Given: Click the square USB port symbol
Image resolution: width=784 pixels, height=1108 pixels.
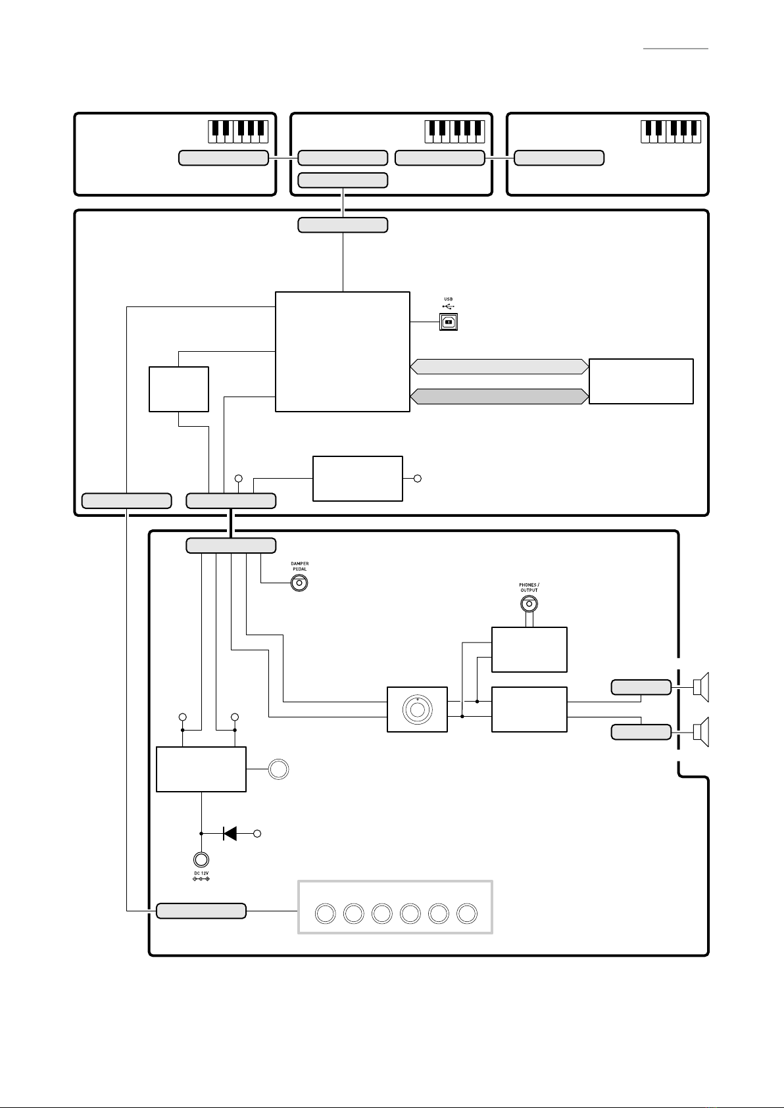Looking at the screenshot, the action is point(448,322).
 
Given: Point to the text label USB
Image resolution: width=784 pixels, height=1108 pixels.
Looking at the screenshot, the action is point(448,299).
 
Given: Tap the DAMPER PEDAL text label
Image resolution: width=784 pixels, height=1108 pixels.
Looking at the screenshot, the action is point(300,566).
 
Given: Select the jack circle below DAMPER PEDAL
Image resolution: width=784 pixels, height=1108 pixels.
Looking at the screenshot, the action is point(299,583).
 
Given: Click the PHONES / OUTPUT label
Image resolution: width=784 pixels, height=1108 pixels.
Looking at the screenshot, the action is point(529,588).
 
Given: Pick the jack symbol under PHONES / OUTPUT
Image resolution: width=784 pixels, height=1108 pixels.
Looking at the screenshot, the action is point(529,604).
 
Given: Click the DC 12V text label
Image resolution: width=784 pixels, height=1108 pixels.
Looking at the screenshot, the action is point(201,873).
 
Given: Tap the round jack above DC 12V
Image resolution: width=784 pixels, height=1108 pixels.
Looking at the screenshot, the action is point(201,859).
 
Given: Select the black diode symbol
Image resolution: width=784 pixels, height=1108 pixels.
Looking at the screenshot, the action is point(230,834).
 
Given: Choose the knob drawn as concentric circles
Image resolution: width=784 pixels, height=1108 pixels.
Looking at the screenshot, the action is point(418,710).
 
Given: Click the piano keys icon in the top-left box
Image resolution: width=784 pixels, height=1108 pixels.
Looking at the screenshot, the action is point(238,132).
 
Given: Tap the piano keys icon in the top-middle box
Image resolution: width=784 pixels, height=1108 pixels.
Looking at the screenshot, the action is point(454,132).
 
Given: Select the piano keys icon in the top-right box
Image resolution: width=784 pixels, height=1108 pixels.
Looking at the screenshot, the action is point(671,132).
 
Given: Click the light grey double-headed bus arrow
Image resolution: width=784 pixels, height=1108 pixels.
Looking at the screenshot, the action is point(499,366).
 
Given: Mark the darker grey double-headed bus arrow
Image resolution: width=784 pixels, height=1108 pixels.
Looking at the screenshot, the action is point(499,397).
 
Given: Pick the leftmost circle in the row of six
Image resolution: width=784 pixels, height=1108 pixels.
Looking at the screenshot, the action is point(326,913).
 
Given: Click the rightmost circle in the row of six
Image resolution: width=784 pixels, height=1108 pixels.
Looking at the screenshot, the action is point(467,913).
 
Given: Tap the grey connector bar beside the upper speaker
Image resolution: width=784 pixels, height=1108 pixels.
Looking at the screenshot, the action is point(641,687).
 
